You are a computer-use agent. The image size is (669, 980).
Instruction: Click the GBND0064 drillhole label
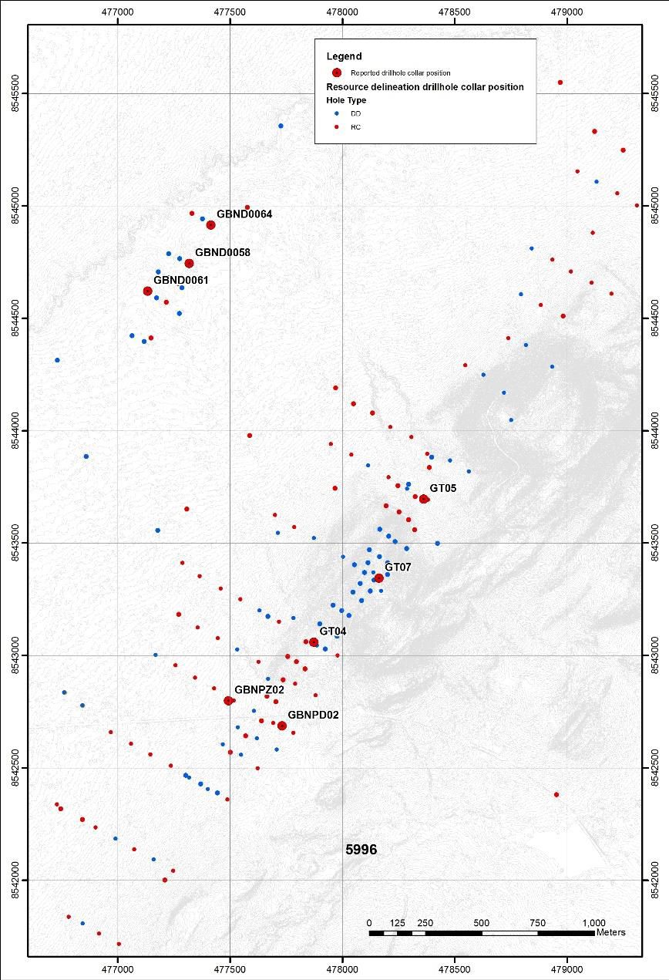click(244, 214)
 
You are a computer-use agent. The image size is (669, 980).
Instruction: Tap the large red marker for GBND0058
click(189, 263)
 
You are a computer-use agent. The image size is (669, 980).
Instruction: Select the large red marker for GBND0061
click(147, 291)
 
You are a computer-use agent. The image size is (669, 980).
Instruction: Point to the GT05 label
click(443, 488)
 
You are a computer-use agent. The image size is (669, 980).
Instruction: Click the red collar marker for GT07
click(378, 578)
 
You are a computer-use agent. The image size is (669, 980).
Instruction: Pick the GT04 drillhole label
click(333, 631)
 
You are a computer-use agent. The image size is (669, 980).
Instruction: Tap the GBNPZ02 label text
click(260, 689)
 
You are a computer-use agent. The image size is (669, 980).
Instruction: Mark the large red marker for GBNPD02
click(282, 726)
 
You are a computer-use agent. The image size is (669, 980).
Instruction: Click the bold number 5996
click(361, 849)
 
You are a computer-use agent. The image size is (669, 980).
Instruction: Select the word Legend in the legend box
click(344, 56)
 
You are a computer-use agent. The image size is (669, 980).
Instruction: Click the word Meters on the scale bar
click(610, 932)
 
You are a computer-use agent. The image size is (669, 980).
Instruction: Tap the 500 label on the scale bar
click(482, 923)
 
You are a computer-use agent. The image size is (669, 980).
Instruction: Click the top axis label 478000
click(342, 13)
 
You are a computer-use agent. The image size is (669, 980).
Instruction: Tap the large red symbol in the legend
click(337, 72)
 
